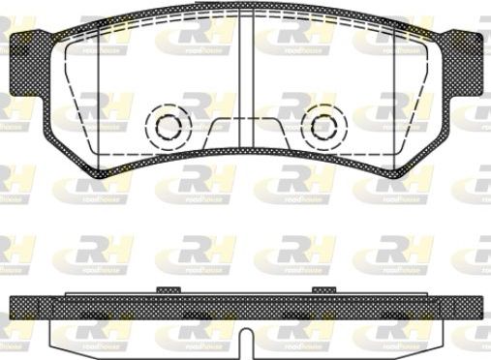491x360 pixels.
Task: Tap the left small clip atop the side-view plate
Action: point(166,289)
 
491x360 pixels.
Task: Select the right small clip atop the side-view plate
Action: point(322,289)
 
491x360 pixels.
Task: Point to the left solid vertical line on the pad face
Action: point(101,97)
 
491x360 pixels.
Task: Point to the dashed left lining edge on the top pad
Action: point(67,97)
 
